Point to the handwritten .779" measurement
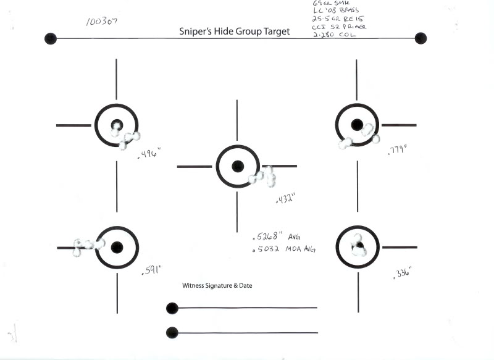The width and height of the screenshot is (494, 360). [x=398, y=149]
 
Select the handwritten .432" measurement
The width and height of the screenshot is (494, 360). [x=285, y=198]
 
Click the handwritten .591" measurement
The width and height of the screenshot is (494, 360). [x=151, y=270]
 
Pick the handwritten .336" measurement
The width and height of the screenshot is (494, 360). [x=402, y=272]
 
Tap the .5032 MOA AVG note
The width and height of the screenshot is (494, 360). [x=285, y=249]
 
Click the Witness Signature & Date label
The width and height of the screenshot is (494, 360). [x=217, y=286]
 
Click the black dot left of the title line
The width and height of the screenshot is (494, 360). [x=51, y=38]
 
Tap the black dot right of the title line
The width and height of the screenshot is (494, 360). [x=421, y=38]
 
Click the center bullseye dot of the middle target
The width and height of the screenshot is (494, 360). [x=238, y=166]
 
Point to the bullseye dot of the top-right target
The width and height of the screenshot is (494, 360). [x=356, y=125]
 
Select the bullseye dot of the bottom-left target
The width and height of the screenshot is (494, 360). [x=117, y=248]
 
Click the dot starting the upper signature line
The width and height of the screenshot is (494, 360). [x=172, y=308]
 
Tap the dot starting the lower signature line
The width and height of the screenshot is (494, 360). [x=172, y=333]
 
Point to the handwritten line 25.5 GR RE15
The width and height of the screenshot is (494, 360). [x=332, y=18]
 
